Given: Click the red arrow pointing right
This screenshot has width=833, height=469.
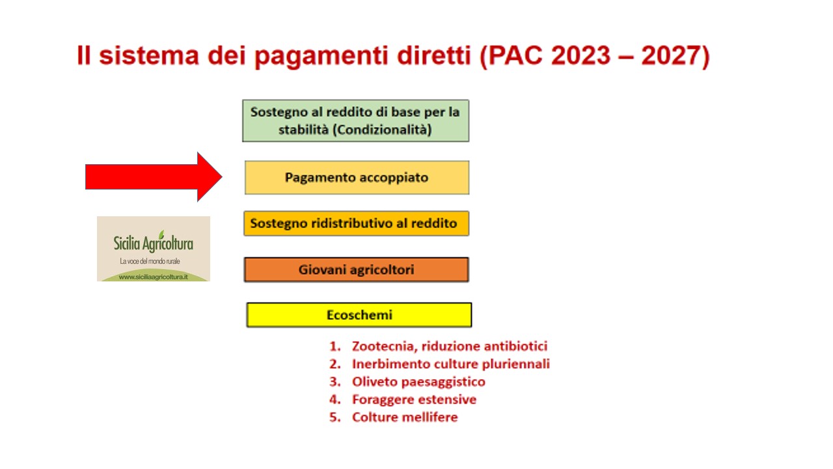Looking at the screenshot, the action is pos(154,177).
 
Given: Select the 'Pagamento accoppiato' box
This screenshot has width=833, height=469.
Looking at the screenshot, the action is pos(357,178).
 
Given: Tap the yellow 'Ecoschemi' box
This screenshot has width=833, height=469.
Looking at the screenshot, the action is pos(359,315).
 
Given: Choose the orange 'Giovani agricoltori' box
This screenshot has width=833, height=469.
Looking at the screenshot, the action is pos(356,270).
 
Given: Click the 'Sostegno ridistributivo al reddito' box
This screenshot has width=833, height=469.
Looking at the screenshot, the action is pos(356,223).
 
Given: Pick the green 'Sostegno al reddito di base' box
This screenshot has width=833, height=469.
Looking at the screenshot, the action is pos(355,121).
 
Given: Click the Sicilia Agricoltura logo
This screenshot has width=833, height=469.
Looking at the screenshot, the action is pos(154,249).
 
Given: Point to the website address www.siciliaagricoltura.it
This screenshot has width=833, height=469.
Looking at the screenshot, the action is pos(153,277).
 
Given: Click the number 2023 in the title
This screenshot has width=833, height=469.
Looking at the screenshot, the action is pos(581,56).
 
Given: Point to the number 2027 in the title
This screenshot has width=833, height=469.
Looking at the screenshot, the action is pos(671,56).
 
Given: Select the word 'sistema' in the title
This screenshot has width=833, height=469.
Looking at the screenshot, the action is pos(149,56).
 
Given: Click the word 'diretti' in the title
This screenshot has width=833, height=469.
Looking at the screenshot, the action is pos(434,56).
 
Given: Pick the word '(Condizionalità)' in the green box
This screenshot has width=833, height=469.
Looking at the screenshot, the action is pos(382,130).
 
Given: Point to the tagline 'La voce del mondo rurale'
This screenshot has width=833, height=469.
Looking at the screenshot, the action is pos(150,261).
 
